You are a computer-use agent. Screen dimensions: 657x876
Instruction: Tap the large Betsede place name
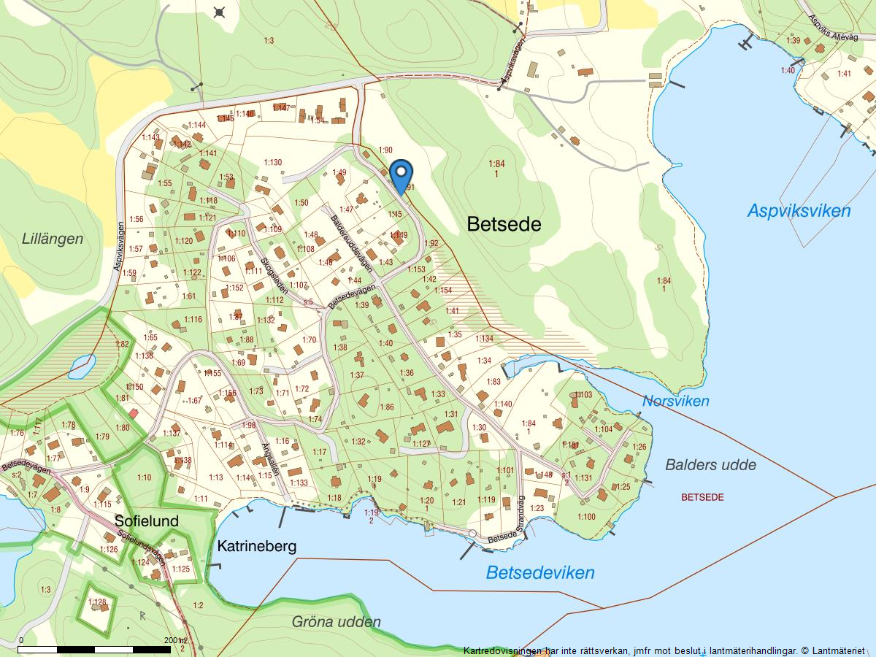tap(504, 224)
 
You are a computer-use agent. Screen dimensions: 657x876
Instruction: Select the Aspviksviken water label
tap(799, 211)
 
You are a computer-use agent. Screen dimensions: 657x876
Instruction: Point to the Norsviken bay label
tap(675, 401)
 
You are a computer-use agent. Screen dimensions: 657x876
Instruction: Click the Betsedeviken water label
tap(540, 572)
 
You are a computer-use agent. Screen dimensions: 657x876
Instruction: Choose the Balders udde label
tap(710, 465)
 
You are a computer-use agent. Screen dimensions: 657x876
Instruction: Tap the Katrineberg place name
tap(257, 546)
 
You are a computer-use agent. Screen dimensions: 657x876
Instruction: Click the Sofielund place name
tap(146, 521)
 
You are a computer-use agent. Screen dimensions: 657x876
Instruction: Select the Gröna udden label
tap(336, 622)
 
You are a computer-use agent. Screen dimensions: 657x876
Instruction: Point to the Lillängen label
tap(53, 239)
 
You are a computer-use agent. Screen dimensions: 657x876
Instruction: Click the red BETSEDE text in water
tap(702, 497)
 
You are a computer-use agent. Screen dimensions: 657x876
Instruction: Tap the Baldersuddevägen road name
tap(351, 244)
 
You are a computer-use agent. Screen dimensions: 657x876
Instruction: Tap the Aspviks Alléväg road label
tap(832, 28)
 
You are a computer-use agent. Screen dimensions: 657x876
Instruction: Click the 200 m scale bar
tap(95, 648)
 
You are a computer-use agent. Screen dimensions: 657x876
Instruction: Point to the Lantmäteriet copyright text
tap(664, 650)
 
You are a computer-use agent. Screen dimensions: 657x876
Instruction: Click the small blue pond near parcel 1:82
tap(82, 365)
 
